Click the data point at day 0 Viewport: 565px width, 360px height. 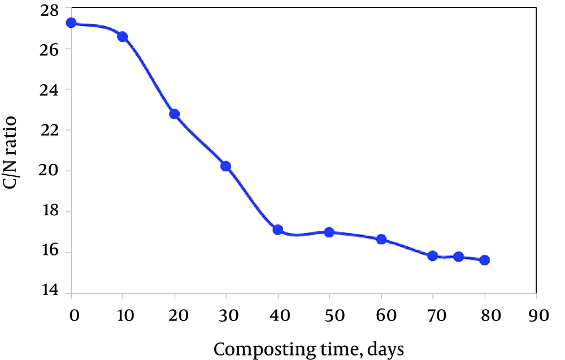71,23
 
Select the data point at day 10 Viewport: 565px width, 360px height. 123,36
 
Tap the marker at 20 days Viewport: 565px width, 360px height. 175,114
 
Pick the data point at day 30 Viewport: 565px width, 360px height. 226,166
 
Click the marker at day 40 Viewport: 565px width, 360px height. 278,229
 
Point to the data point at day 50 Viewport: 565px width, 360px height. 329,232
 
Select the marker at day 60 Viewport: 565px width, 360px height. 381,239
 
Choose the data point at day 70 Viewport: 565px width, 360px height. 433,256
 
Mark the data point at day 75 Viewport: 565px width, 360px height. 459,257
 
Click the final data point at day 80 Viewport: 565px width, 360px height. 485,260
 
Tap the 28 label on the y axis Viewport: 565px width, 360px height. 49,10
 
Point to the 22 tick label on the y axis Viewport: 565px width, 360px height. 49,130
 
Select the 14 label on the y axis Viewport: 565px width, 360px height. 49,290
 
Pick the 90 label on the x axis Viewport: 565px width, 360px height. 538,316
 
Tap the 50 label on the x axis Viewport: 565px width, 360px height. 334,316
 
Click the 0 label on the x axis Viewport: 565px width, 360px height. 74,316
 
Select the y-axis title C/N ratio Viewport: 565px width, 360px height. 10,153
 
